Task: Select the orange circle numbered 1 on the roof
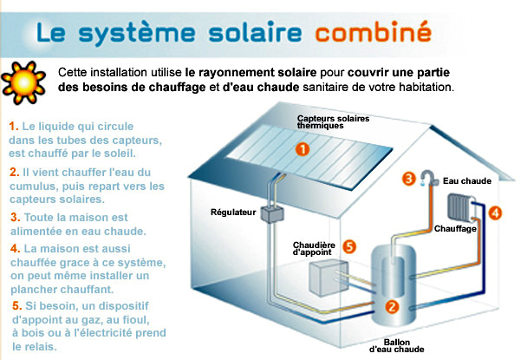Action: [303, 148]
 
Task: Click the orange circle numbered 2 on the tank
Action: [392, 305]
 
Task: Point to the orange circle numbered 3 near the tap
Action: [408, 180]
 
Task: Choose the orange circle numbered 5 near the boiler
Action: [349, 245]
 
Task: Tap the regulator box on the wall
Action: [277, 213]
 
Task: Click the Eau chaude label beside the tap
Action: [461, 181]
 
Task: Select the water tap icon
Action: [428, 180]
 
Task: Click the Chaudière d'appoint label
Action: [315, 250]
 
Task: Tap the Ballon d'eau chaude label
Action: [397, 346]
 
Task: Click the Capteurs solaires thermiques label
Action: [326, 121]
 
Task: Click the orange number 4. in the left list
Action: [14, 248]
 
